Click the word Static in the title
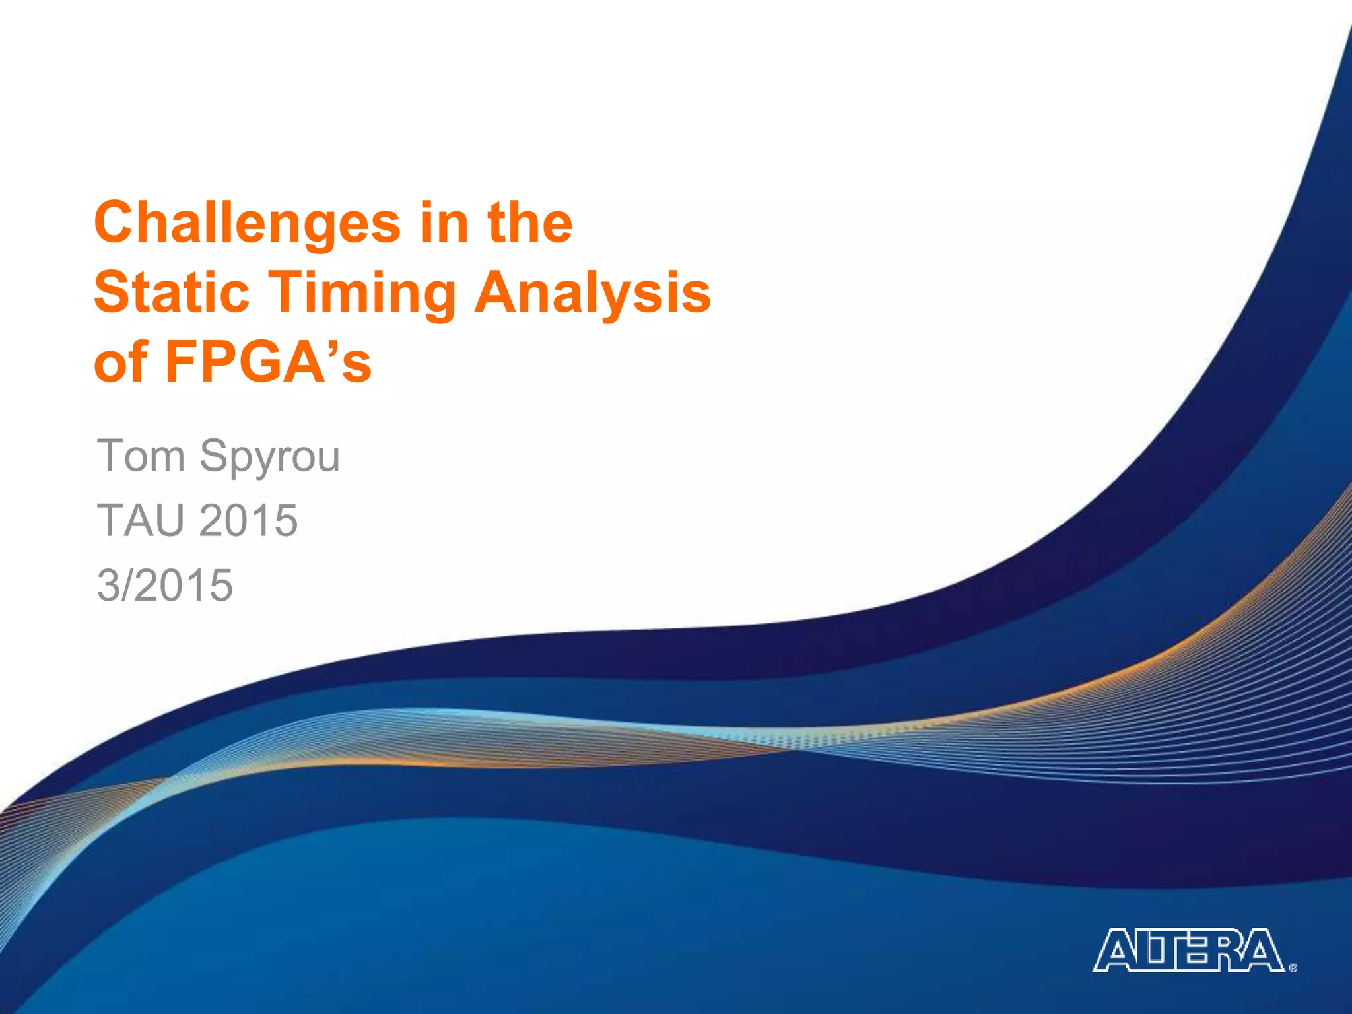click(172, 292)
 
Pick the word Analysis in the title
click(592, 293)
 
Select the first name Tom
click(141, 456)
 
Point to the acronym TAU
click(141, 520)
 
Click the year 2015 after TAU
click(248, 520)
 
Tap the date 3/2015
click(165, 585)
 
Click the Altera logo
click(1189, 951)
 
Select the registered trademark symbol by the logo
click(1293, 968)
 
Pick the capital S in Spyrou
click(215, 456)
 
